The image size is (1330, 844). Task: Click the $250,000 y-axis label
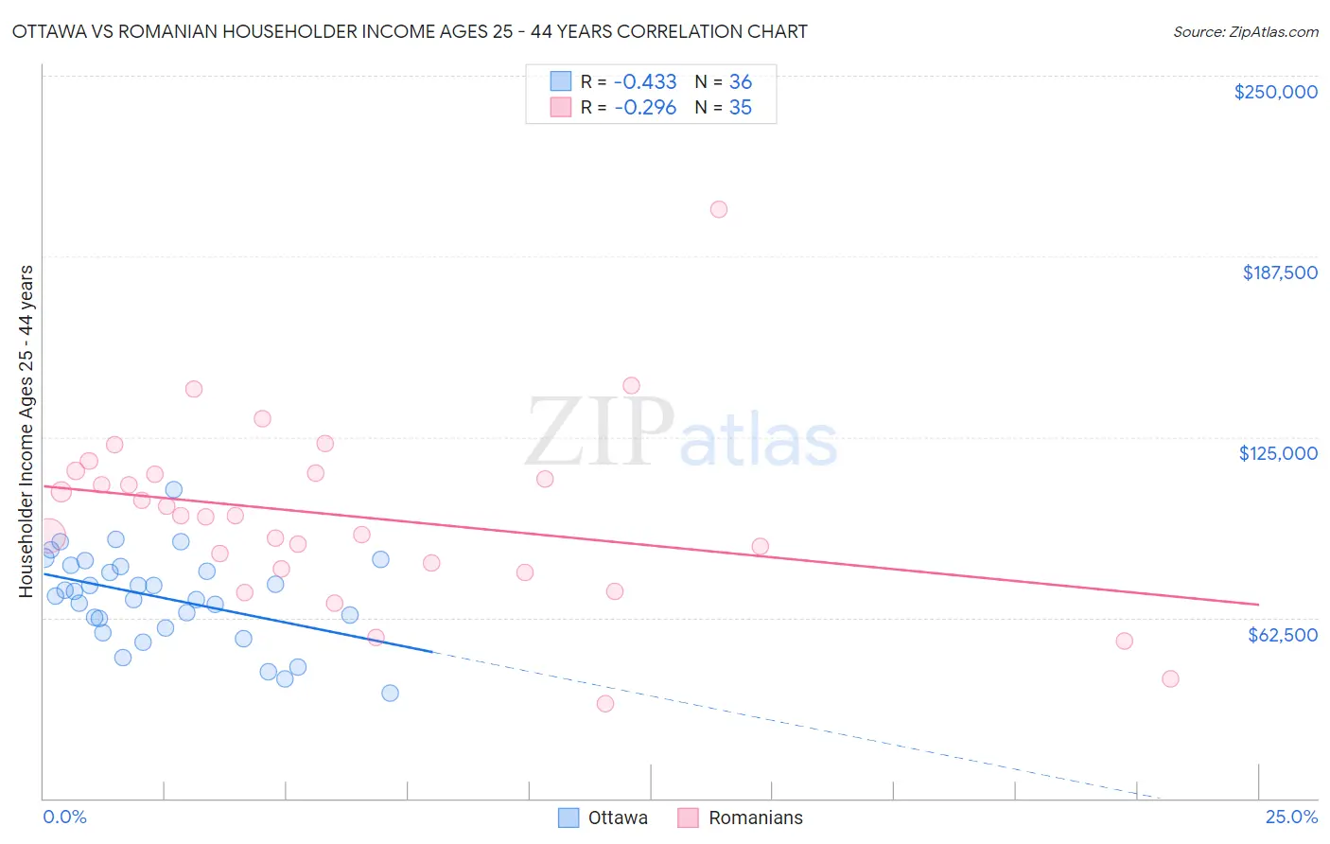coord(1275,92)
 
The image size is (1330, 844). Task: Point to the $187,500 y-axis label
coord(1279,273)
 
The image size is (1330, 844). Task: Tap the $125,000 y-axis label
coord(1278,453)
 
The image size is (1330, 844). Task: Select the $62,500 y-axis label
coord(1282,635)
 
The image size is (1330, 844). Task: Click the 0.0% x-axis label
coord(64,817)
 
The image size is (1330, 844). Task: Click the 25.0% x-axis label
coord(1291,817)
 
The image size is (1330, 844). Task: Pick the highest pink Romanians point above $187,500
coord(719,209)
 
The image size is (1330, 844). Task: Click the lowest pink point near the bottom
coord(605,703)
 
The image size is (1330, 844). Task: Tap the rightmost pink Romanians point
coord(1170,678)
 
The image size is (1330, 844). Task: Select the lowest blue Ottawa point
coord(390,693)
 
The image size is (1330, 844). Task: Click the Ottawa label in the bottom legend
coord(618,818)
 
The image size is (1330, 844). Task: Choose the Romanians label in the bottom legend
coord(755,818)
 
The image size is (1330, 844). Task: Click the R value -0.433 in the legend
coord(645,82)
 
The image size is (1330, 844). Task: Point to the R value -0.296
coord(645,108)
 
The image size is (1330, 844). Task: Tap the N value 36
coord(740,82)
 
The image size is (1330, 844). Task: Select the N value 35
coord(740,108)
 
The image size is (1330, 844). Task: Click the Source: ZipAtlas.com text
coord(1245,32)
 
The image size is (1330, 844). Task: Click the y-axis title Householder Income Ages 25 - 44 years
coord(26,431)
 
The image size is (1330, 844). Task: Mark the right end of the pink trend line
coord(1259,604)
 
